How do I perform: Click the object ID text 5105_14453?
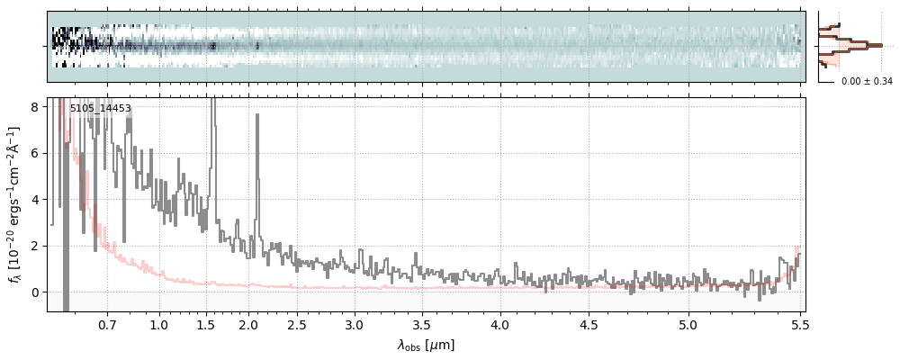click(101, 109)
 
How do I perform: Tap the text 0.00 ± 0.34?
click(867, 82)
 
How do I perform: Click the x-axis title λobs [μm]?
click(426, 345)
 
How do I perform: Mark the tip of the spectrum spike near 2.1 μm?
click(256, 114)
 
